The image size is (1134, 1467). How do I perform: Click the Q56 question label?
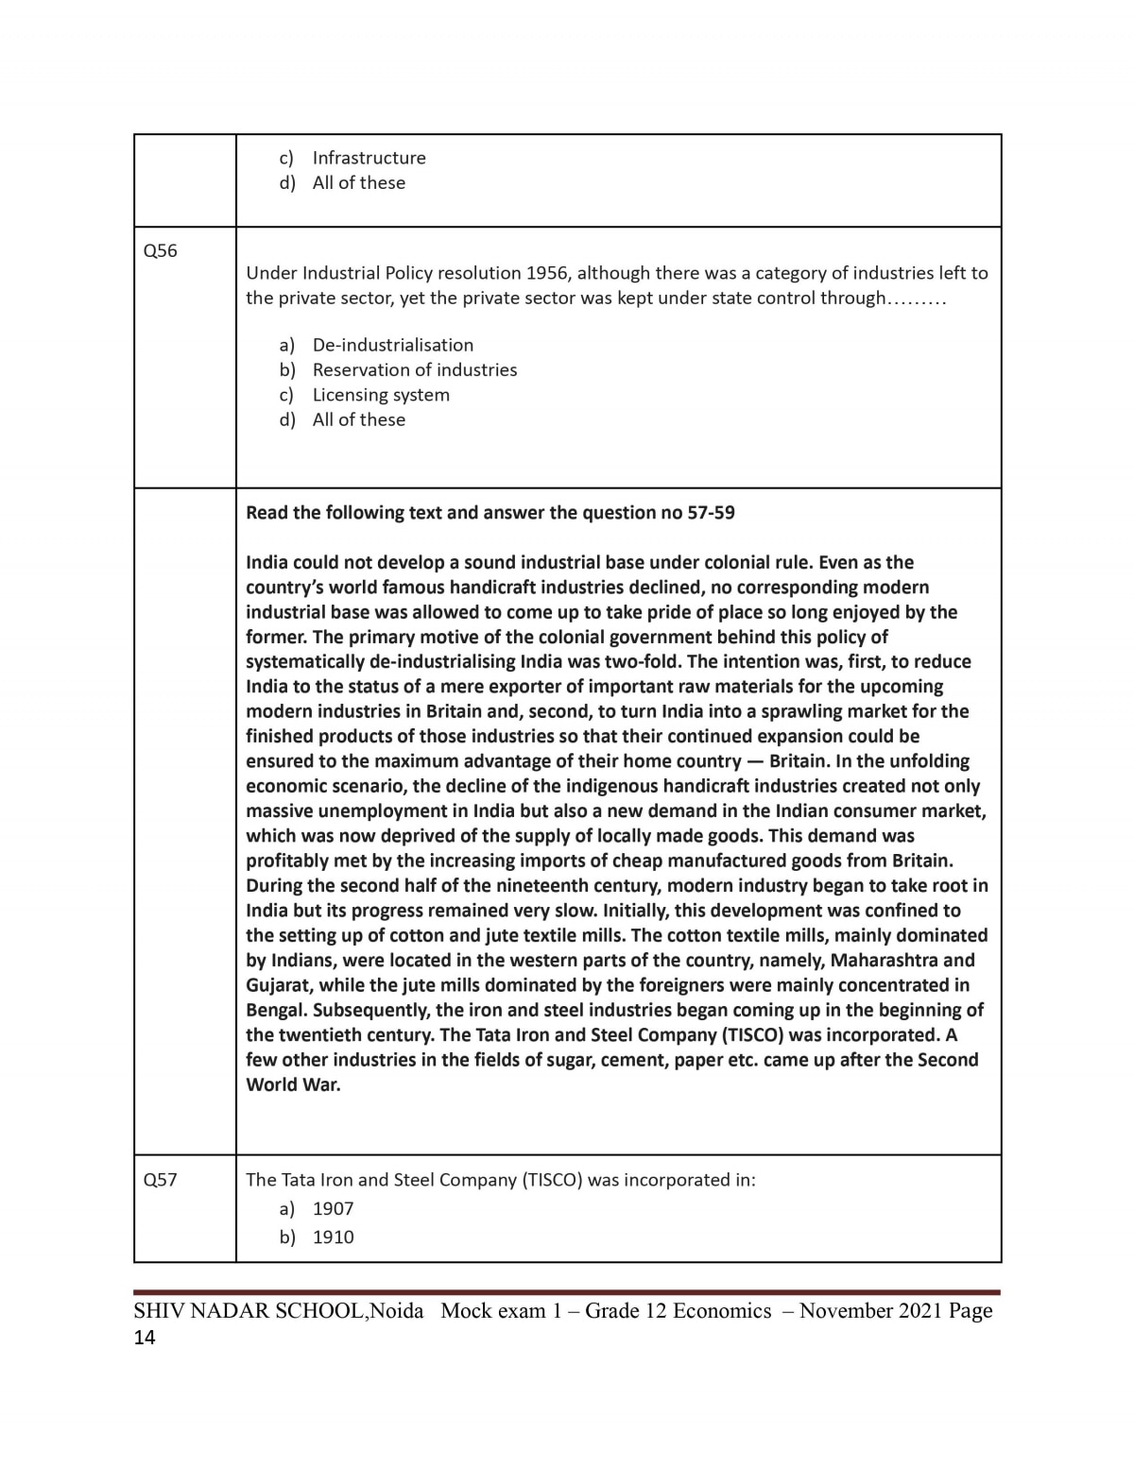[160, 250]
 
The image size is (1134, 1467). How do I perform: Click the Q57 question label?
[160, 1179]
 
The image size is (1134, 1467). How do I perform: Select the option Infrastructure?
[369, 158]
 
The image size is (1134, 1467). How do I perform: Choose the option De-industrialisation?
[392, 345]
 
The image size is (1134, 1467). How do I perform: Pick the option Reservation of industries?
[414, 369]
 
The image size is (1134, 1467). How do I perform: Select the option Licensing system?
[381, 395]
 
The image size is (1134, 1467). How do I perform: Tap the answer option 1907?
[333, 1208]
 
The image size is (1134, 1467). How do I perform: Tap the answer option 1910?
[333, 1237]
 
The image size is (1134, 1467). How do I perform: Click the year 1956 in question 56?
[547, 273]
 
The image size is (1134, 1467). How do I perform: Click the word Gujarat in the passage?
[279, 985]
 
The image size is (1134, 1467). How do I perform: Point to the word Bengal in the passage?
[276, 1010]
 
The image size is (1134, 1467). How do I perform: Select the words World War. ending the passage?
[293, 1084]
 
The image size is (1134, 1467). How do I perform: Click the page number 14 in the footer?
[145, 1338]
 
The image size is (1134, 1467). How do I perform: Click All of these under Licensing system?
[358, 419]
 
